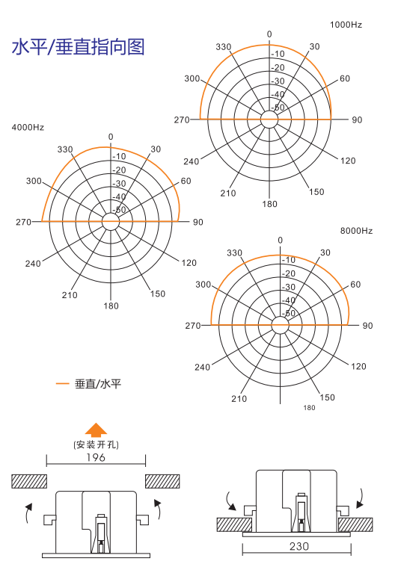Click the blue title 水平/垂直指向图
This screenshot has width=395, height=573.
click(x=78, y=47)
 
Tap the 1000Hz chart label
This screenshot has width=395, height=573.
click(x=346, y=25)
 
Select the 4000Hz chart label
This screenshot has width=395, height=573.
click(x=28, y=128)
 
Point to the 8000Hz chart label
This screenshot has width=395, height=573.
click(x=357, y=231)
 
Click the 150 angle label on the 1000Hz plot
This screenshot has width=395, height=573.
click(x=316, y=192)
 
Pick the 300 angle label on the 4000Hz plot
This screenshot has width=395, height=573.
click(x=34, y=181)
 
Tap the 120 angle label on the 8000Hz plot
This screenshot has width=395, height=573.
click(x=358, y=367)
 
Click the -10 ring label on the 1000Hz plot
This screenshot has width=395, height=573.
click(x=278, y=54)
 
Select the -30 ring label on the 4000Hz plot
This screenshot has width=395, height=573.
click(x=119, y=184)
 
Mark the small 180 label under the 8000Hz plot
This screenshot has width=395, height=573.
click(x=309, y=407)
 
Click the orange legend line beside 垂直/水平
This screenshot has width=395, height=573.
click(x=62, y=383)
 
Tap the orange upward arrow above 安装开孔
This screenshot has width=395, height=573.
click(x=96, y=430)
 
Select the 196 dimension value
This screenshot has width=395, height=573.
click(x=96, y=457)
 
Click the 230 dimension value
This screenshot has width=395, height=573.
click(x=299, y=546)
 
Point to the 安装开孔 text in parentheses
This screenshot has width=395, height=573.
click(x=96, y=445)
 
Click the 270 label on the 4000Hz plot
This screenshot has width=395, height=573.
click(x=23, y=222)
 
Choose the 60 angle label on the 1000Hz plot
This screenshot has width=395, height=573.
click(x=345, y=78)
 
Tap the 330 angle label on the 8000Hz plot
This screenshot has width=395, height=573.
click(x=234, y=253)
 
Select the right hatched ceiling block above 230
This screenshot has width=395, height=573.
click(x=355, y=524)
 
